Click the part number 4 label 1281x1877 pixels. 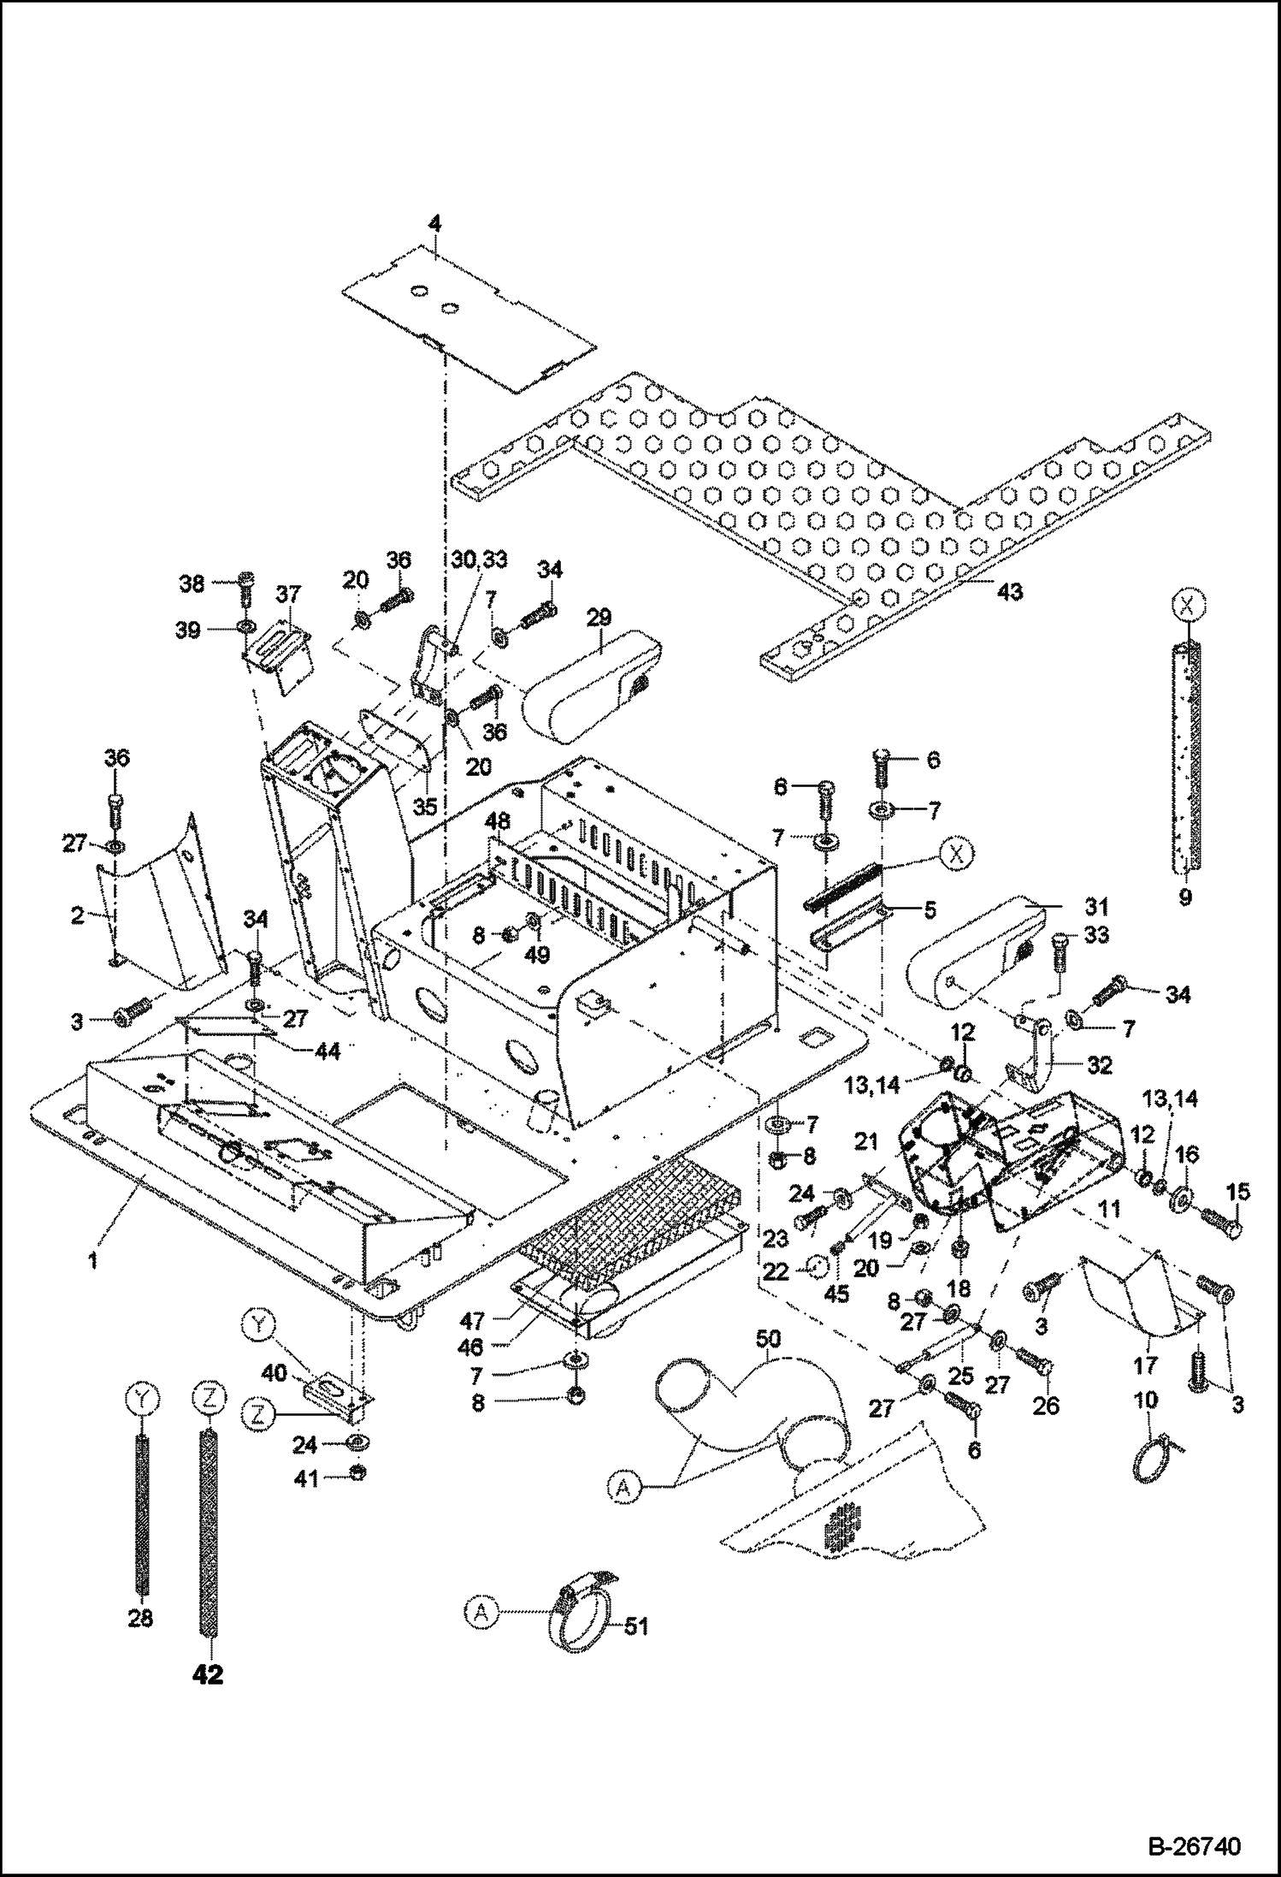pos(434,225)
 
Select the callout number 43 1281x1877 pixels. pos(1010,591)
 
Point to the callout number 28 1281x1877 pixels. pos(140,1618)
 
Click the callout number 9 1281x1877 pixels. pos(1185,898)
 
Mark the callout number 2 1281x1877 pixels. pos(77,916)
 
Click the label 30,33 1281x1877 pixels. pos(479,560)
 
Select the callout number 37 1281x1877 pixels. pos(288,594)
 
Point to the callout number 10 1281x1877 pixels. pos(1145,1400)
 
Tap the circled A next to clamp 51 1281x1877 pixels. pos(482,1612)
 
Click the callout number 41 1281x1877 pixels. pos(306,1477)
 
